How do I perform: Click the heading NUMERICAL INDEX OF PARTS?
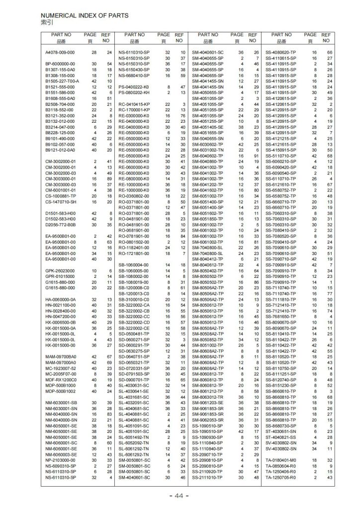coord(85,16)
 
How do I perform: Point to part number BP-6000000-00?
coord(60,64)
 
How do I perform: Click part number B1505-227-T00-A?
coord(62,81)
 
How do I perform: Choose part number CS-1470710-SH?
coord(60,202)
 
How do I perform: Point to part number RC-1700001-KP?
coord(132,109)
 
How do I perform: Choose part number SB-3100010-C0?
coord(132,300)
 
